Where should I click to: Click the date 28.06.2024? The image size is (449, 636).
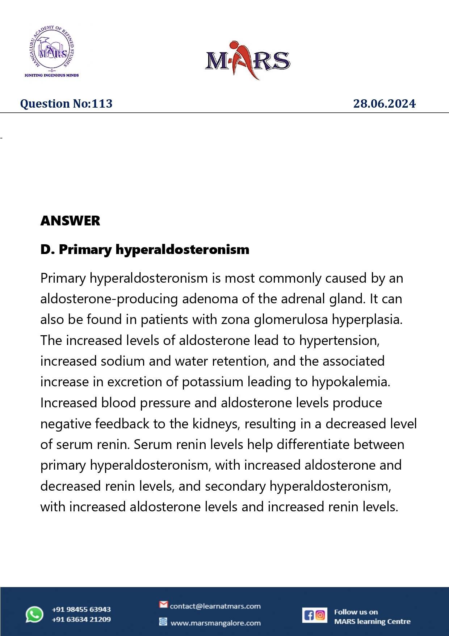pos(384,104)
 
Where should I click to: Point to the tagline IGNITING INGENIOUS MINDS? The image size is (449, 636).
pos(51,75)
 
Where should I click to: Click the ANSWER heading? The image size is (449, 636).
pos(70,221)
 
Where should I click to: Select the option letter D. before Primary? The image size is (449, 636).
pos(47,249)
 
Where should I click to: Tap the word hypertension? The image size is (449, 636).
pos(339,341)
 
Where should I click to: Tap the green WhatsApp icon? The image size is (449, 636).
pos(34,615)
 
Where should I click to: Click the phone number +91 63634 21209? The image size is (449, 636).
pos(81,619)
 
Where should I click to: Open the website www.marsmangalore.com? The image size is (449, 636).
pos(215,623)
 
